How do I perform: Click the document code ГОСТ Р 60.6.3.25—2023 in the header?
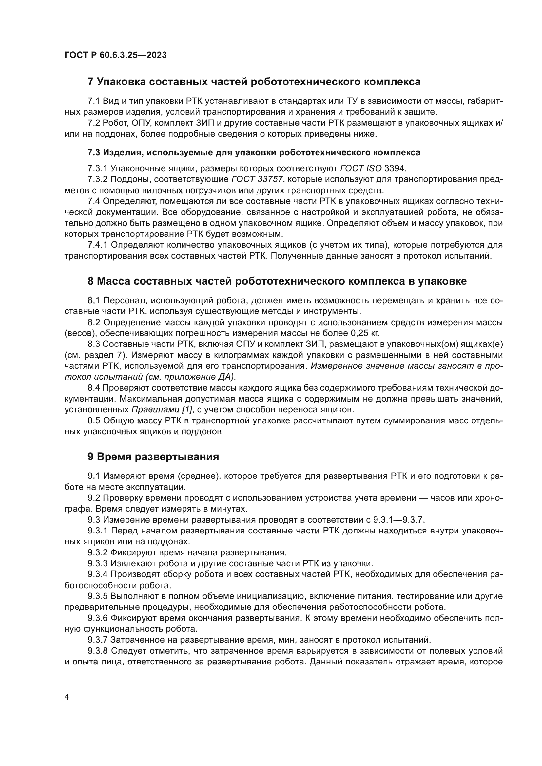[115, 55]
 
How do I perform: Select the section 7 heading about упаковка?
[254, 82]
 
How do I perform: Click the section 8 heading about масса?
[277, 281]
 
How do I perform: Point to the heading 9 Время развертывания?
[153, 457]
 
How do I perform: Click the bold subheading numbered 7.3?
[254, 153]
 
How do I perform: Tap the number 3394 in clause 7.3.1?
[395, 168]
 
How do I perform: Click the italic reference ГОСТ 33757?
[257, 179]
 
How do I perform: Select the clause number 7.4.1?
[97, 245]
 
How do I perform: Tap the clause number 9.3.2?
[97, 553]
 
